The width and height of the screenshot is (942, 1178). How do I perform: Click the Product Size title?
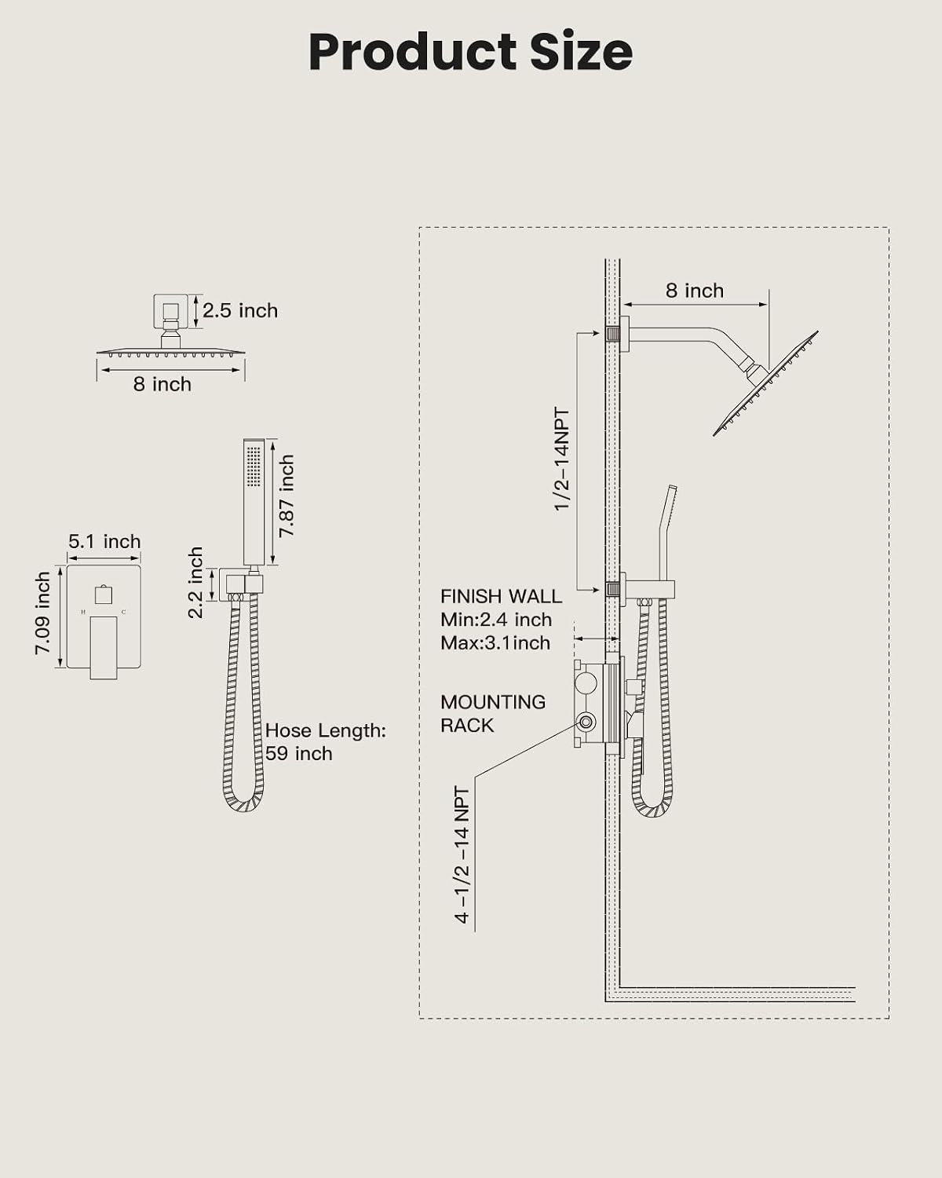click(x=471, y=52)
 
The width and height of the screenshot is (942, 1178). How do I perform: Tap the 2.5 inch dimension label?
click(x=240, y=311)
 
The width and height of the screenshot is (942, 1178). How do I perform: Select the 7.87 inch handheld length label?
click(x=287, y=496)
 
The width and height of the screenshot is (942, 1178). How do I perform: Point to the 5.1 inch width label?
click(x=104, y=541)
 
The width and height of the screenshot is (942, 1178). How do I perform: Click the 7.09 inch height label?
click(x=42, y=613)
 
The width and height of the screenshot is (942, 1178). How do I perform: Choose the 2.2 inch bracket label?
click(x=195, y=583)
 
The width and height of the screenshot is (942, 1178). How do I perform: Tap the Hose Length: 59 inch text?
click(x=326, y=741)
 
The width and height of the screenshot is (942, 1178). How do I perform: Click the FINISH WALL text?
click(x=501, y=596)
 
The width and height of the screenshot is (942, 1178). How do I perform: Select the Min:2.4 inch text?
click(x=496, y=620)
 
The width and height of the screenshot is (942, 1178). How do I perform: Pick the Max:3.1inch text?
click(x=495, y=642)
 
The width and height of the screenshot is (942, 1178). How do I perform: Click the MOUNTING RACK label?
click(x=493, y=714)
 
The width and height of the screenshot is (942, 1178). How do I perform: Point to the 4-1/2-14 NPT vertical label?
click(x=462, y=855)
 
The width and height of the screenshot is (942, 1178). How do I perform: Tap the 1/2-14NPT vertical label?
click(x=562, y=459)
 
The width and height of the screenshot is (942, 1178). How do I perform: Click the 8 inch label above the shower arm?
click(x=695, y=291)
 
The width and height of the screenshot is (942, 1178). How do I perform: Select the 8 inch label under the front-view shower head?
click(x=162, y=384)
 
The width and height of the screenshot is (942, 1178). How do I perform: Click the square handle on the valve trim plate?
click(x=104, y=594)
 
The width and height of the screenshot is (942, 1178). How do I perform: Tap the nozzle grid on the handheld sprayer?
click(x=254, y=466)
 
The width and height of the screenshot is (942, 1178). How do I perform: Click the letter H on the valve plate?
click(x=83, y=612)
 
